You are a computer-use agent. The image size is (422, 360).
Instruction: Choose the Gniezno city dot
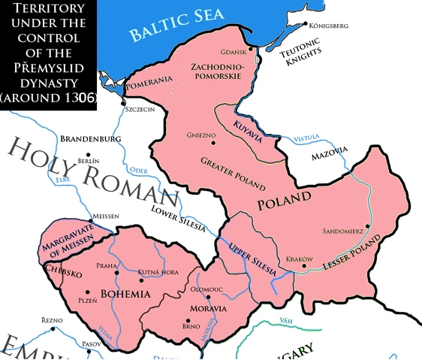(x=213, y=142)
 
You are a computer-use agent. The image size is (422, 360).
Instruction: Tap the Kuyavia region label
(x=248, y=127)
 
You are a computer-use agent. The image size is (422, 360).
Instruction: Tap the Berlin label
(x=88, y=161)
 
